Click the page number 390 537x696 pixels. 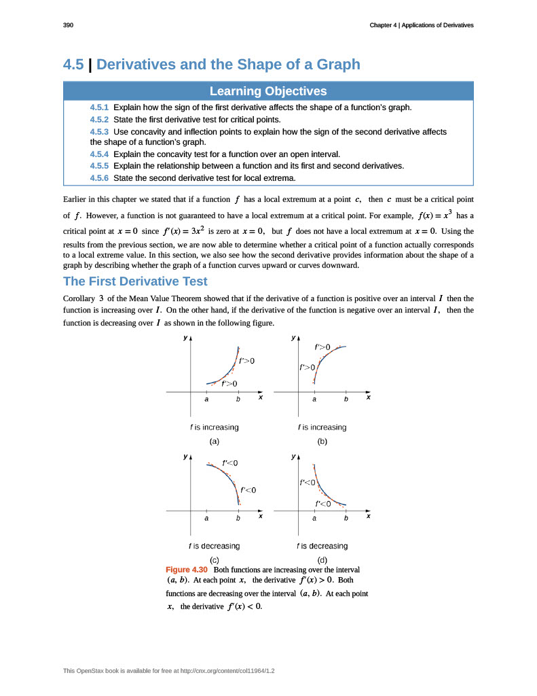coord(68,25)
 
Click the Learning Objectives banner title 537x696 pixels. coord(268,91)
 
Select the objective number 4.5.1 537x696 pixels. coord(99,107)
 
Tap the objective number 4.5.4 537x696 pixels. coord(99,154)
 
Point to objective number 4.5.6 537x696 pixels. coord(99,178)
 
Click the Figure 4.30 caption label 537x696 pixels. coord(187,569)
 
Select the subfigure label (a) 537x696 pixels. coord(214,441)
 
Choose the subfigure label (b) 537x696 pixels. coord(322,441)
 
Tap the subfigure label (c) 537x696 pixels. coord(214,559)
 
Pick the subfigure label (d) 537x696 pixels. coord(322,559)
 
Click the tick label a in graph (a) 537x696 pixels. coord(206,400)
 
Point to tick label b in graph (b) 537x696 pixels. coord(346,400)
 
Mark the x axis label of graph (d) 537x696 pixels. coord(368,517)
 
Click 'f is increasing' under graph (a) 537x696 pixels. coord(214,428)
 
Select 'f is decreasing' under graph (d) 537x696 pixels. coord(322,546)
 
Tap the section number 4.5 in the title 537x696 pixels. coord(73,65)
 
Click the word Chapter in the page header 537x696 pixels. coord(382,25)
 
